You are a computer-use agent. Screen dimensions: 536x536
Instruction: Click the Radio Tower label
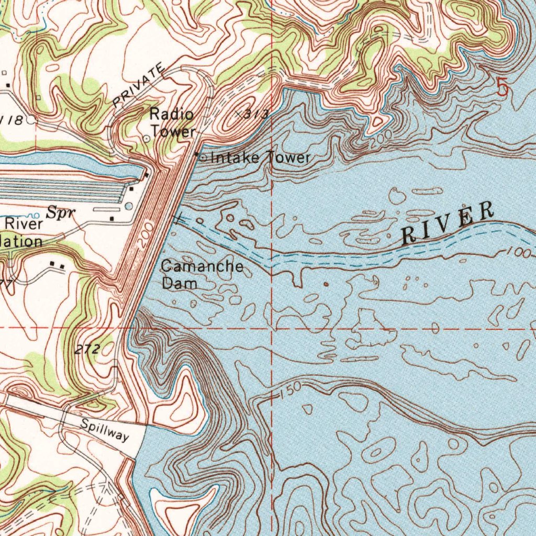click(173, 122)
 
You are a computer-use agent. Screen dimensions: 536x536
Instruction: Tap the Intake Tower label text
click(260, 157)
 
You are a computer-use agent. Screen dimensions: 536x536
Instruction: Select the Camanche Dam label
click(202, 274)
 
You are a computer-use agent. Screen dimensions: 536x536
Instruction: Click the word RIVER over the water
click(447, 224)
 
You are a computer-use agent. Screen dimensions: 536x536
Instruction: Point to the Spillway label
click(104, 429)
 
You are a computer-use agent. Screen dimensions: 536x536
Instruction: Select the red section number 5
click(502, 87)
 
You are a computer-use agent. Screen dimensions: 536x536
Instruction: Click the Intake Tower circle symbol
click(204, 157)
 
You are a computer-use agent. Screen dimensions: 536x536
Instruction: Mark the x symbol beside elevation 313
click(238, 113)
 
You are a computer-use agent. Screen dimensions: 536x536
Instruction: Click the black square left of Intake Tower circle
click(197, 155)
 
